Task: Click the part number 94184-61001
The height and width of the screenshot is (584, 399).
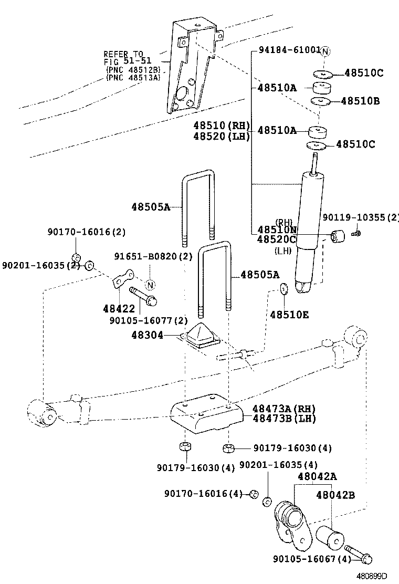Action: pyautogui.click(x=289, y=50)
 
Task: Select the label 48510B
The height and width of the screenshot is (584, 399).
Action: pyautogui.click(x=360, y=101)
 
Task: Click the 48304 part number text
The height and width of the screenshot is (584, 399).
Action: pyautogui.click(x=147, y=335)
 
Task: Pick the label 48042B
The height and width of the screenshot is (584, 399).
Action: pyautogui.click(x=335, y=494)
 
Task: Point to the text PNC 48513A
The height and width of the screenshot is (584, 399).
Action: pyautogui.click(x=133, y=77)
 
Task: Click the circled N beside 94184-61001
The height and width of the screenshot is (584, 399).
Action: pyautogui.click(x=325, y=51)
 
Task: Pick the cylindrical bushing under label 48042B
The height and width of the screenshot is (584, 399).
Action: pyautogui.click(x=330, y=536)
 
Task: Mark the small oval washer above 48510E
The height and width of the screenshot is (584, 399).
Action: pyautogui.click(x=284, y=288)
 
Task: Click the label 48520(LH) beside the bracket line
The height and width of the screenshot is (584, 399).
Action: pyautogui.click(x=221, y=136)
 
